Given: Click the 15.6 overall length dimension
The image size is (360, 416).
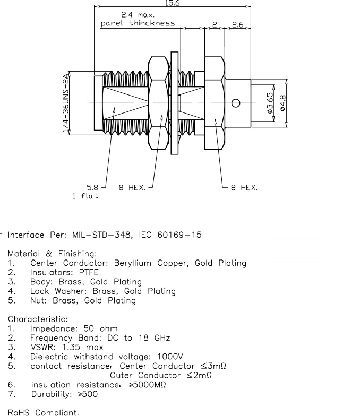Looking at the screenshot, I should (x=173, y=3).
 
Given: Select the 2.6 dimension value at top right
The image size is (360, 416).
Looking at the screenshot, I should (x=238, y=24).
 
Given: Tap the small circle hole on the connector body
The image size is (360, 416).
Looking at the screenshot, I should (x=236, y=103).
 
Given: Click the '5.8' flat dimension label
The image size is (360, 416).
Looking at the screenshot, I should (x=92, y=187).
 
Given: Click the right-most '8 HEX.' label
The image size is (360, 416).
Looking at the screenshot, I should (x=244, y=187).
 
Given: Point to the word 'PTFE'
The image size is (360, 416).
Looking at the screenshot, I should (x=88, y=273).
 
